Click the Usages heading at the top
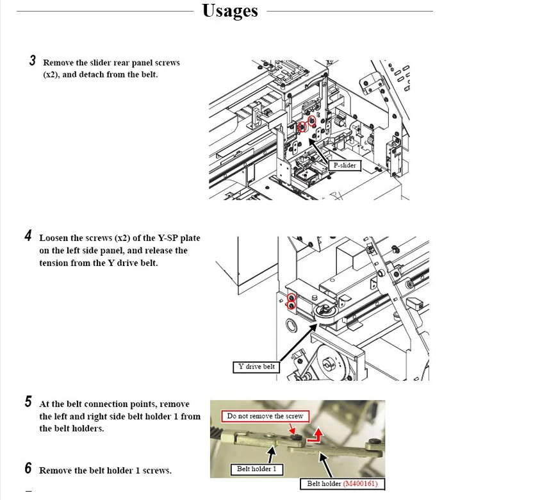(x=230, y=11)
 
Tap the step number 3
(x=32, y=60)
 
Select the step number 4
(x=28, y=236)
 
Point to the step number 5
(x=28, y=402)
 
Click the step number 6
(x=28, y=468)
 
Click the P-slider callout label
(x=345, y=165)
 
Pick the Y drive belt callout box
(x=256, y=367)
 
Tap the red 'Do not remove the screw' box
(x=265, y=416)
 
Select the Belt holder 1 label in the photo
(x=257, y=469)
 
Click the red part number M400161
(x=360, y=483)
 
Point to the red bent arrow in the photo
(x=315, y=435)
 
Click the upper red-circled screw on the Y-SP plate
(x=291, y=298)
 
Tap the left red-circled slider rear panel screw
(x=302, y=127)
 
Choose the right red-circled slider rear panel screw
(x=311, y=121)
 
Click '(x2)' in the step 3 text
(x=49, y=75)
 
